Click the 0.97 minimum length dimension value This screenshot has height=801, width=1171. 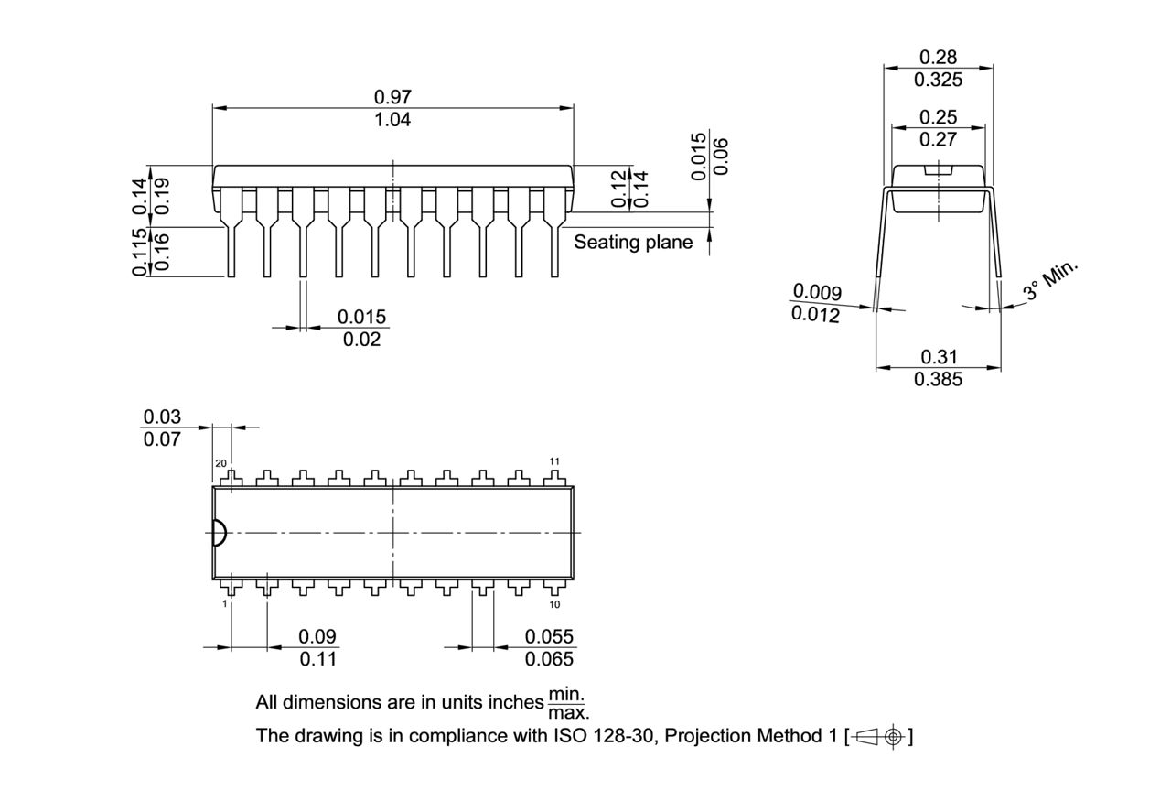pyautogui.click(x=392, y=97)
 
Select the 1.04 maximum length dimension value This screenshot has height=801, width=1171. pyautogui.click(x=392, y=120)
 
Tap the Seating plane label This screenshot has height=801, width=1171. pyautogui.click(x=633, y=243)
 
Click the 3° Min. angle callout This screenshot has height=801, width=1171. pyautogui.click(x=1051, y=280)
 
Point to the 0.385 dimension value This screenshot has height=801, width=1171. pyautogui.click(x=939, y=379)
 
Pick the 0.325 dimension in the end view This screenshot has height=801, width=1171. pyautogui.click(x=939, y=80)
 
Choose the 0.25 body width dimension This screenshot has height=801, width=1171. pyautogui.click(x=939, y=117)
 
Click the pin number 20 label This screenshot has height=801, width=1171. pyautogui.click(x=220, y=463)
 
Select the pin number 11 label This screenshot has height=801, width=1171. pyautogui.click(x=554, y=460)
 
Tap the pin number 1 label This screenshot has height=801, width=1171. pyautogui.click(x=224, y=604)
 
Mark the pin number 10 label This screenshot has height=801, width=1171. pyautogui.click(x=554, y=604)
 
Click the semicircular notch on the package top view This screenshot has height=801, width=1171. pyautogui.click(x=219, y=533)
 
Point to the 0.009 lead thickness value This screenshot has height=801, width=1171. pyautogui.click(x=816, y=292)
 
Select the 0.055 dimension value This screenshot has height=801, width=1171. pyautogui.click(x=549, y=636)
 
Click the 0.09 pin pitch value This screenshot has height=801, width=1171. pyautogui.click(x=317, y=636)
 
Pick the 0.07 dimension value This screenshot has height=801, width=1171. pyautogui.click(x=162, y=438)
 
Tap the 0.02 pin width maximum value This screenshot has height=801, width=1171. pyautogui.click(x=361, y=340)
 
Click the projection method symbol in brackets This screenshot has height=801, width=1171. pyautogui.click(x=879, y=736)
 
